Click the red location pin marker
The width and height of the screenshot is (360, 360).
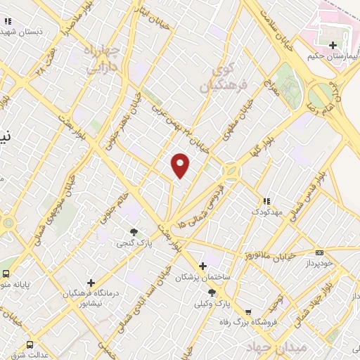[x=181, y=165]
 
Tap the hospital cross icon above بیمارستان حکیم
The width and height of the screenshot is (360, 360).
[x=332, y=45]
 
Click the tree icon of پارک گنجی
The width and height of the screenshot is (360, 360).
[x=134, y=231]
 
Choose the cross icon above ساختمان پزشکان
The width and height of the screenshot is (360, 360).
[x=202, y=266]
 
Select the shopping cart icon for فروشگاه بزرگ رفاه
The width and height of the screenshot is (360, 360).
[x=247, y=312]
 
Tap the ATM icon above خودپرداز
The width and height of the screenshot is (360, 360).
[x=319, y=253]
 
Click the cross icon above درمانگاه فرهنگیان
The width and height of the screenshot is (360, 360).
[x=90, y=283]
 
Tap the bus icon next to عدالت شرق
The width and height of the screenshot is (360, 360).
[x=30, y=345]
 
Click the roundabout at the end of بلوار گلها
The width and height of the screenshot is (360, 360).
[x=230, y=171]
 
